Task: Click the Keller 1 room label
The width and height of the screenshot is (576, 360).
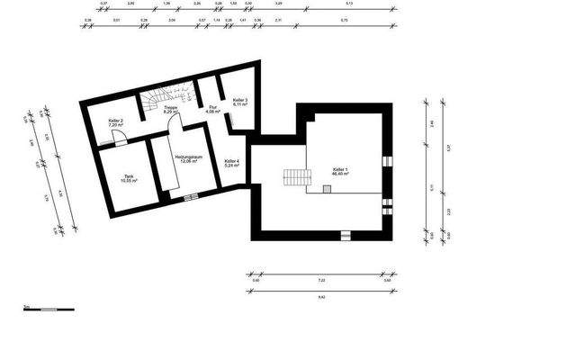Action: click(340, 171)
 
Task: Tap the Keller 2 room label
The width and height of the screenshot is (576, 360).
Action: click(115, 122)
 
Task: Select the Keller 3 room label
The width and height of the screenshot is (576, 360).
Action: click(239, 102)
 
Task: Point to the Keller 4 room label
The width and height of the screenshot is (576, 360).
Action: click(231, 163)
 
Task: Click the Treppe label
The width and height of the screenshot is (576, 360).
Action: click(169, 110)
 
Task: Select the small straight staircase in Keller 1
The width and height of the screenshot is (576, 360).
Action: click(293, 177)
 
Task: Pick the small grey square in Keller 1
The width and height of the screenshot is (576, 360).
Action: click(327, 188)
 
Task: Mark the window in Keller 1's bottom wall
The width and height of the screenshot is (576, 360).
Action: click(346, 235)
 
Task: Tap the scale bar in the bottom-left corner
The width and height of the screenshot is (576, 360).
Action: click(40, 309)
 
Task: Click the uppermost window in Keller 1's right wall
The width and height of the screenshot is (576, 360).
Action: click(388, 161)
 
